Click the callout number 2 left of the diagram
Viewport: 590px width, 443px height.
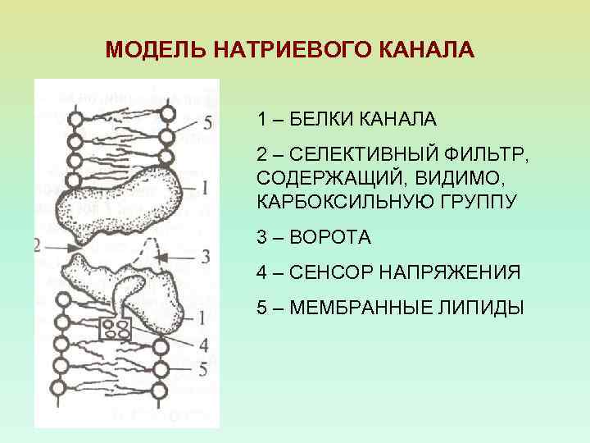tap(38, 244)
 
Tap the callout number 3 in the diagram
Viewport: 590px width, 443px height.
tap(206, 256)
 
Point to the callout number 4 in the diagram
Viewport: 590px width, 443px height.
tap(203, 343)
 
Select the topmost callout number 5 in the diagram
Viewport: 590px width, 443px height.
tap(207, 122)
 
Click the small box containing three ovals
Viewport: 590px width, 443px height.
tap(114, 330)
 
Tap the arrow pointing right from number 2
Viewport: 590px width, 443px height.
tap(59, 244)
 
